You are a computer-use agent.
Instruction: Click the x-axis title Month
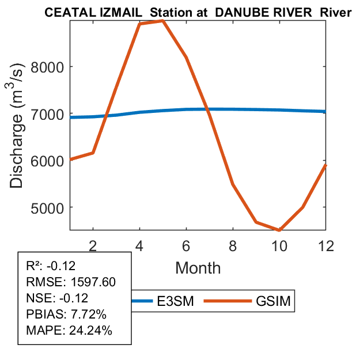(x=198, y=267)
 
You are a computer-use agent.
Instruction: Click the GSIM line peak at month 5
(x=163, y=20)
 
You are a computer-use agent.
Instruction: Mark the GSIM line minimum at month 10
(x=279, y=230)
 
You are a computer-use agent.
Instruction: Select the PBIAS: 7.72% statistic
(x=67, y=314)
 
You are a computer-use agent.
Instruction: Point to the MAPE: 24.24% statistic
(x=69, y=331)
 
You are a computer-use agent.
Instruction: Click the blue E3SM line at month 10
(x=279, y=109)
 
